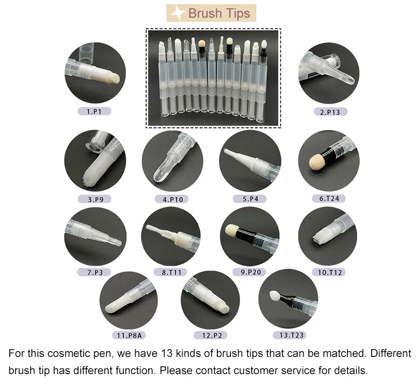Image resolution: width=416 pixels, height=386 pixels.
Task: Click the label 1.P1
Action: click(x=94, y=111)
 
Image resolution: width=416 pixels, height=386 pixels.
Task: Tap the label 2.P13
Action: click(x=330, y=112)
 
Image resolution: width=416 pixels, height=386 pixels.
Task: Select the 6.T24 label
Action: click(x=329, y=198)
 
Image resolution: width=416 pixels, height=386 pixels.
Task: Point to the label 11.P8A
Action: click(x=129, y=336)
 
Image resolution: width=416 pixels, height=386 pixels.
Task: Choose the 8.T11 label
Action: click(x=171, y=272)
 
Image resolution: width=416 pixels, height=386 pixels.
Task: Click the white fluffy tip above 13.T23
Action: click(x=275, y=295)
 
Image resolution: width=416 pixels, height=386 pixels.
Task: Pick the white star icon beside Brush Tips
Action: click(x=177, y=12)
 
